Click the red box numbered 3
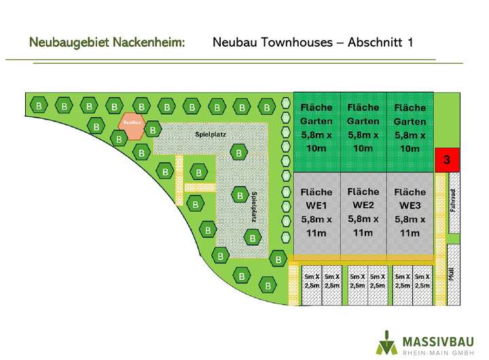pos(446,160)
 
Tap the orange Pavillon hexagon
pos(132,123)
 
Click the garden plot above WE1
pos(316,130)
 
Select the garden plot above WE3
pos(410,130)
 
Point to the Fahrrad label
pos(454,201)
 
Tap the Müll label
pos(452,272)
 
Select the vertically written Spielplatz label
pos(253,207)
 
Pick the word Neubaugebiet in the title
pos(69,43)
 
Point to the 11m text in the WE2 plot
pos(363,233)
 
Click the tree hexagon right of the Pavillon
pos(154,129)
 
